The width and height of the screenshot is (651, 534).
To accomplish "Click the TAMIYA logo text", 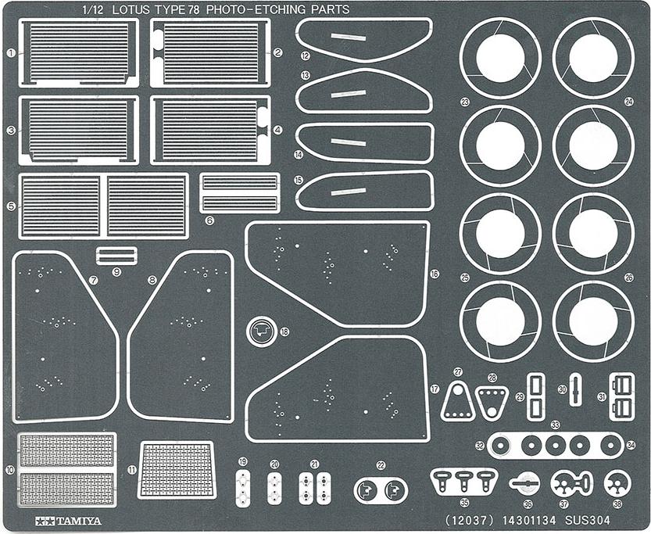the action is (69, 521).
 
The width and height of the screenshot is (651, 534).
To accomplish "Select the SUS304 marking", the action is (588, 521).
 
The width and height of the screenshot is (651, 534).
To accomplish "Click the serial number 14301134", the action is (529, 521).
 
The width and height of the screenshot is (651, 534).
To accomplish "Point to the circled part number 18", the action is (284, 332).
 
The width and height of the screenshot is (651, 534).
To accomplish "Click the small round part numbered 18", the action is (261, 331).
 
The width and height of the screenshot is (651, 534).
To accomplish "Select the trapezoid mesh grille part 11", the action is (176, 470).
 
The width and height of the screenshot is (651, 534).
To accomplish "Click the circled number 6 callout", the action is (209, 220).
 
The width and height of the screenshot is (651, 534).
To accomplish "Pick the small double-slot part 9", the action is (116, 256).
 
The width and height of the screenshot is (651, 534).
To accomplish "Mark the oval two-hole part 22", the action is (381, 490).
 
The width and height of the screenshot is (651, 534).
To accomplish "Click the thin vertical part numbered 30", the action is (575, 389).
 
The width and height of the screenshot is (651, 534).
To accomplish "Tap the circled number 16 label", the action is (435, 274).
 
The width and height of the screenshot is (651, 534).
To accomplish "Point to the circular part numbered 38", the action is (617, 483).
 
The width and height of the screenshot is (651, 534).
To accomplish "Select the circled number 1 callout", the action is (11, 52).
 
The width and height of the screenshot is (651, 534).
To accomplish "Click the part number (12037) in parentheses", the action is (469, 521).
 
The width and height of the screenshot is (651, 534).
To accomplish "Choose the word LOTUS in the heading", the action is (131, 9).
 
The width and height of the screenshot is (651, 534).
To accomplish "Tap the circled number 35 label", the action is (464, 503).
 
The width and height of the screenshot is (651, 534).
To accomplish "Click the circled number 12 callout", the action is (306, 56).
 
